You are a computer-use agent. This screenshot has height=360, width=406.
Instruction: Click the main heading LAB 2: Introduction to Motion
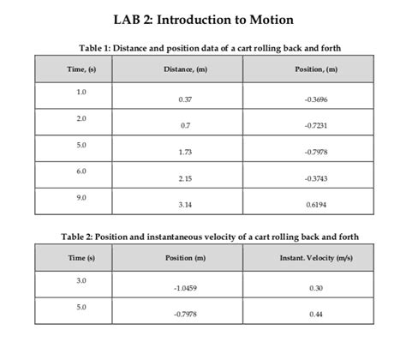coord(202,18)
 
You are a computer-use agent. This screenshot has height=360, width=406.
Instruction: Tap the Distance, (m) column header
coord(185,69)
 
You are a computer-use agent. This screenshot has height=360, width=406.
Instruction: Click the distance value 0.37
coord(185,100)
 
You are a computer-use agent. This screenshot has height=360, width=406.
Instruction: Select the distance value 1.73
coord(185,153)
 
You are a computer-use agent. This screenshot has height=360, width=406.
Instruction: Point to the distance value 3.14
coord(185,205)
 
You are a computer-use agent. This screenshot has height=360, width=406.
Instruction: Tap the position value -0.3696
coord(315,100)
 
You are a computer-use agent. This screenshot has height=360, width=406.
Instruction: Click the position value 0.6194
coord(315,205)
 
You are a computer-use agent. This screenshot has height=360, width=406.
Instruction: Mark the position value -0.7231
coord(315,126)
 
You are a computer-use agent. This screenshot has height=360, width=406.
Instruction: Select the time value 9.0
coord(81,196)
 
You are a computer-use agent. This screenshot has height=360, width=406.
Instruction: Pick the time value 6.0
coord(81,171)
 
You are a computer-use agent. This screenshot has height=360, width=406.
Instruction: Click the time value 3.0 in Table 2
coord(81,280)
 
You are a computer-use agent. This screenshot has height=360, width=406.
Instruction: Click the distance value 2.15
coord(185,178)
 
